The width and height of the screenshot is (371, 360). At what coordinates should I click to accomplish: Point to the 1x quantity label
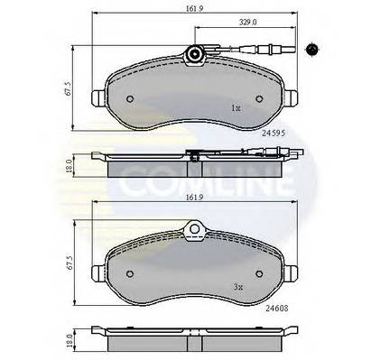pos(237,108)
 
